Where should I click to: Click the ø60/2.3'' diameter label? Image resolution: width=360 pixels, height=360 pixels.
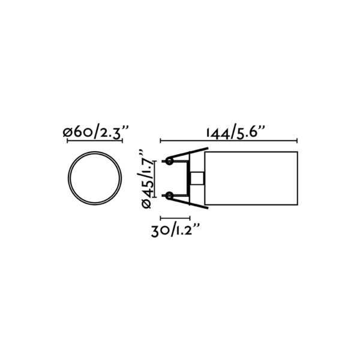pos(95,132)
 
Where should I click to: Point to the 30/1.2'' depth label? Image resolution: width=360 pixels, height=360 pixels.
pos(175,230)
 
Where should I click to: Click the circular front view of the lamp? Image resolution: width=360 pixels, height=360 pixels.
pos(95,178)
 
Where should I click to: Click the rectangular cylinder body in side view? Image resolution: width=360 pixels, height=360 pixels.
pos(252,178)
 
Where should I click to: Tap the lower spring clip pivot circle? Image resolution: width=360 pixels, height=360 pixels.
pos(170,196)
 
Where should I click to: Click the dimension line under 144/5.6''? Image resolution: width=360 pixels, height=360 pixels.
pos(229,141)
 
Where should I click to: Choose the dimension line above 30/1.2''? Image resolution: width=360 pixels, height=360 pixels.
pos(175,218)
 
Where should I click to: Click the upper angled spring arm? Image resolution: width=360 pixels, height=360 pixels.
pos(186,154)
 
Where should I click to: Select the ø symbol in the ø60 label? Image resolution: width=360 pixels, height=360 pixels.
pos(69,132)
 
